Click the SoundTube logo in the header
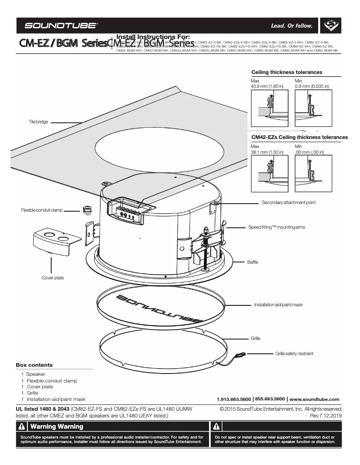(61, 26)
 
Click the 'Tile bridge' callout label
(38, 122)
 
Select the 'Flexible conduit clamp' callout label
(42, 210)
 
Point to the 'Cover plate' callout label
(53, 278)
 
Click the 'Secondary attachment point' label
(288, 203)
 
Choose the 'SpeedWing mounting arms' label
(277, 227)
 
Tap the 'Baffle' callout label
(253, 262)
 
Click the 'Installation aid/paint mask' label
(278, 305)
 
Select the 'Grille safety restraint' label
(294, 354)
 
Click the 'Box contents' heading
(34, 365)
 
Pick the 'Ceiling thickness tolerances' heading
(286, 72)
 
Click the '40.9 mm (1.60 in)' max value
(267, 86)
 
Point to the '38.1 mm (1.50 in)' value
(267, 152)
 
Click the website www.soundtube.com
(314, 399)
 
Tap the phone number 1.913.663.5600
(234, 399)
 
